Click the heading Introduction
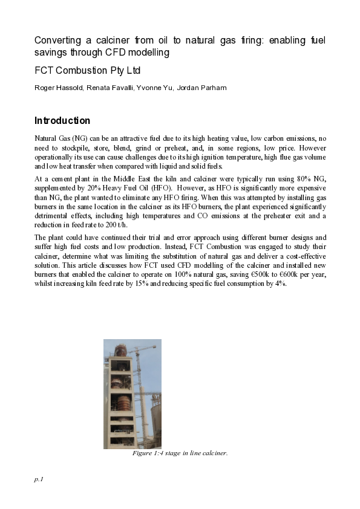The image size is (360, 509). point(62,120)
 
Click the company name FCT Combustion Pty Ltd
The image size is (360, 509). point(87,71)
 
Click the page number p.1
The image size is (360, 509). point(39,479)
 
